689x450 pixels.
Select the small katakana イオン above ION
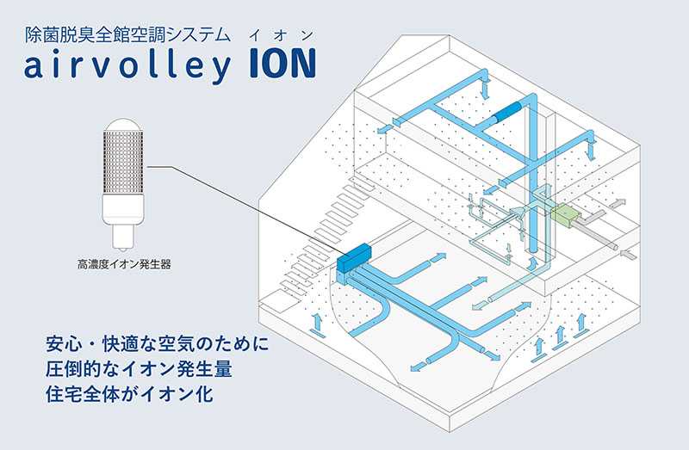pos(274,34)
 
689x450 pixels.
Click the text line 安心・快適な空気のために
pos(158,348)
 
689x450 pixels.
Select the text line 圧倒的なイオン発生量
pos(141,373)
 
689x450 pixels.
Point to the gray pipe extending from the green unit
pos(603,237)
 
